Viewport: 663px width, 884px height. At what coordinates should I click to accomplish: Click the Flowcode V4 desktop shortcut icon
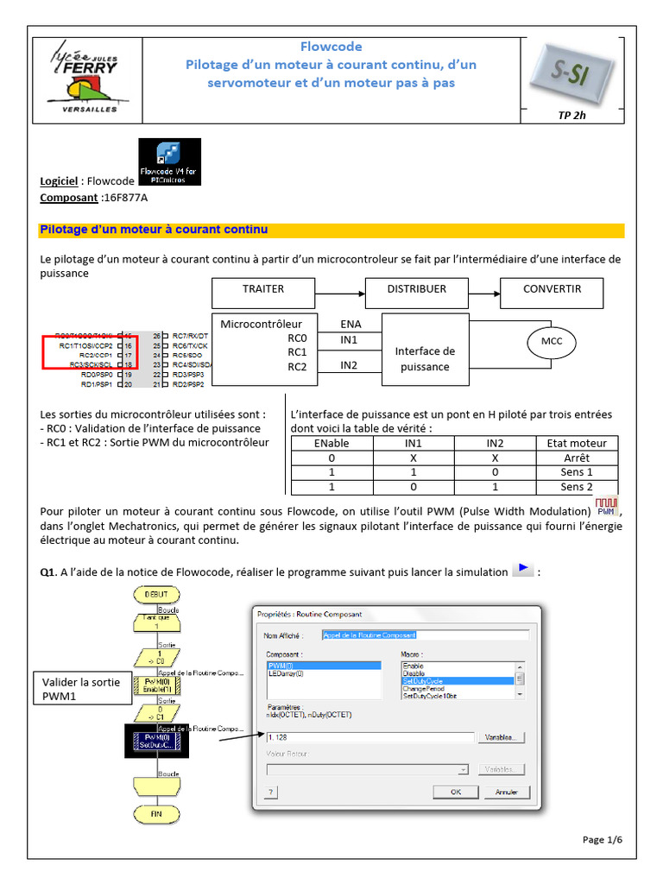coord(170,161)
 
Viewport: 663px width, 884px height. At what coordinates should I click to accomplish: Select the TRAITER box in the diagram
coord(263,289)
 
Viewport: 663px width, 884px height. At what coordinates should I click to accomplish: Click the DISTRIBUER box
coord(417,289)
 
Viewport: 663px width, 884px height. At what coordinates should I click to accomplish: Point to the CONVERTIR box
coord(552,289)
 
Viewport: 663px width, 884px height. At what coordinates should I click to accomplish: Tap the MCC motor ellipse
coord(552,342)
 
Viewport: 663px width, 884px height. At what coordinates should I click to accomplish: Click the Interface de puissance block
coord(425,357)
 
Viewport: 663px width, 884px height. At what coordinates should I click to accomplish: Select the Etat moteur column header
coord(576,443)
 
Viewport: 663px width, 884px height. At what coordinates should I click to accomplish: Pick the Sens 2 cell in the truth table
coord(576,487)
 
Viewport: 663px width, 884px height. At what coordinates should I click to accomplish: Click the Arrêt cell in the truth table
coord(576,458)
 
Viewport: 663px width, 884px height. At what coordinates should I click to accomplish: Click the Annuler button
coord(506,792)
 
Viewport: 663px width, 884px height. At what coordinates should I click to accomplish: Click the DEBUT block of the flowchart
coord(156,594)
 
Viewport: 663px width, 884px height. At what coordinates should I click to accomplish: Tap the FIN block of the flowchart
coord(156,813)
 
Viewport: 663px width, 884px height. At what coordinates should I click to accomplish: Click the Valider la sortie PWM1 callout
coord(82,689)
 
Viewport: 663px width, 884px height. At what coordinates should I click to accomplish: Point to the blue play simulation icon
coord(522,570)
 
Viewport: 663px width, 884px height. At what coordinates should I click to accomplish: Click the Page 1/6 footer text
coord(602,839)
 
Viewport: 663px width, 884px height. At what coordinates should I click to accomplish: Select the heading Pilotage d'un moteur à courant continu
coord(155,230)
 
